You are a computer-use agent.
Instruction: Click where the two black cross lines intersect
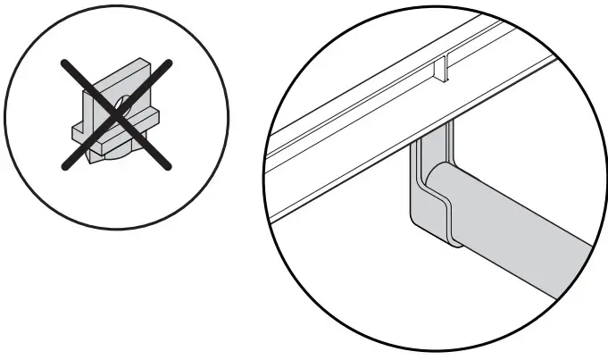tap(115, 113)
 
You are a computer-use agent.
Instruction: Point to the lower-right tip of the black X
tap(170, 167)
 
